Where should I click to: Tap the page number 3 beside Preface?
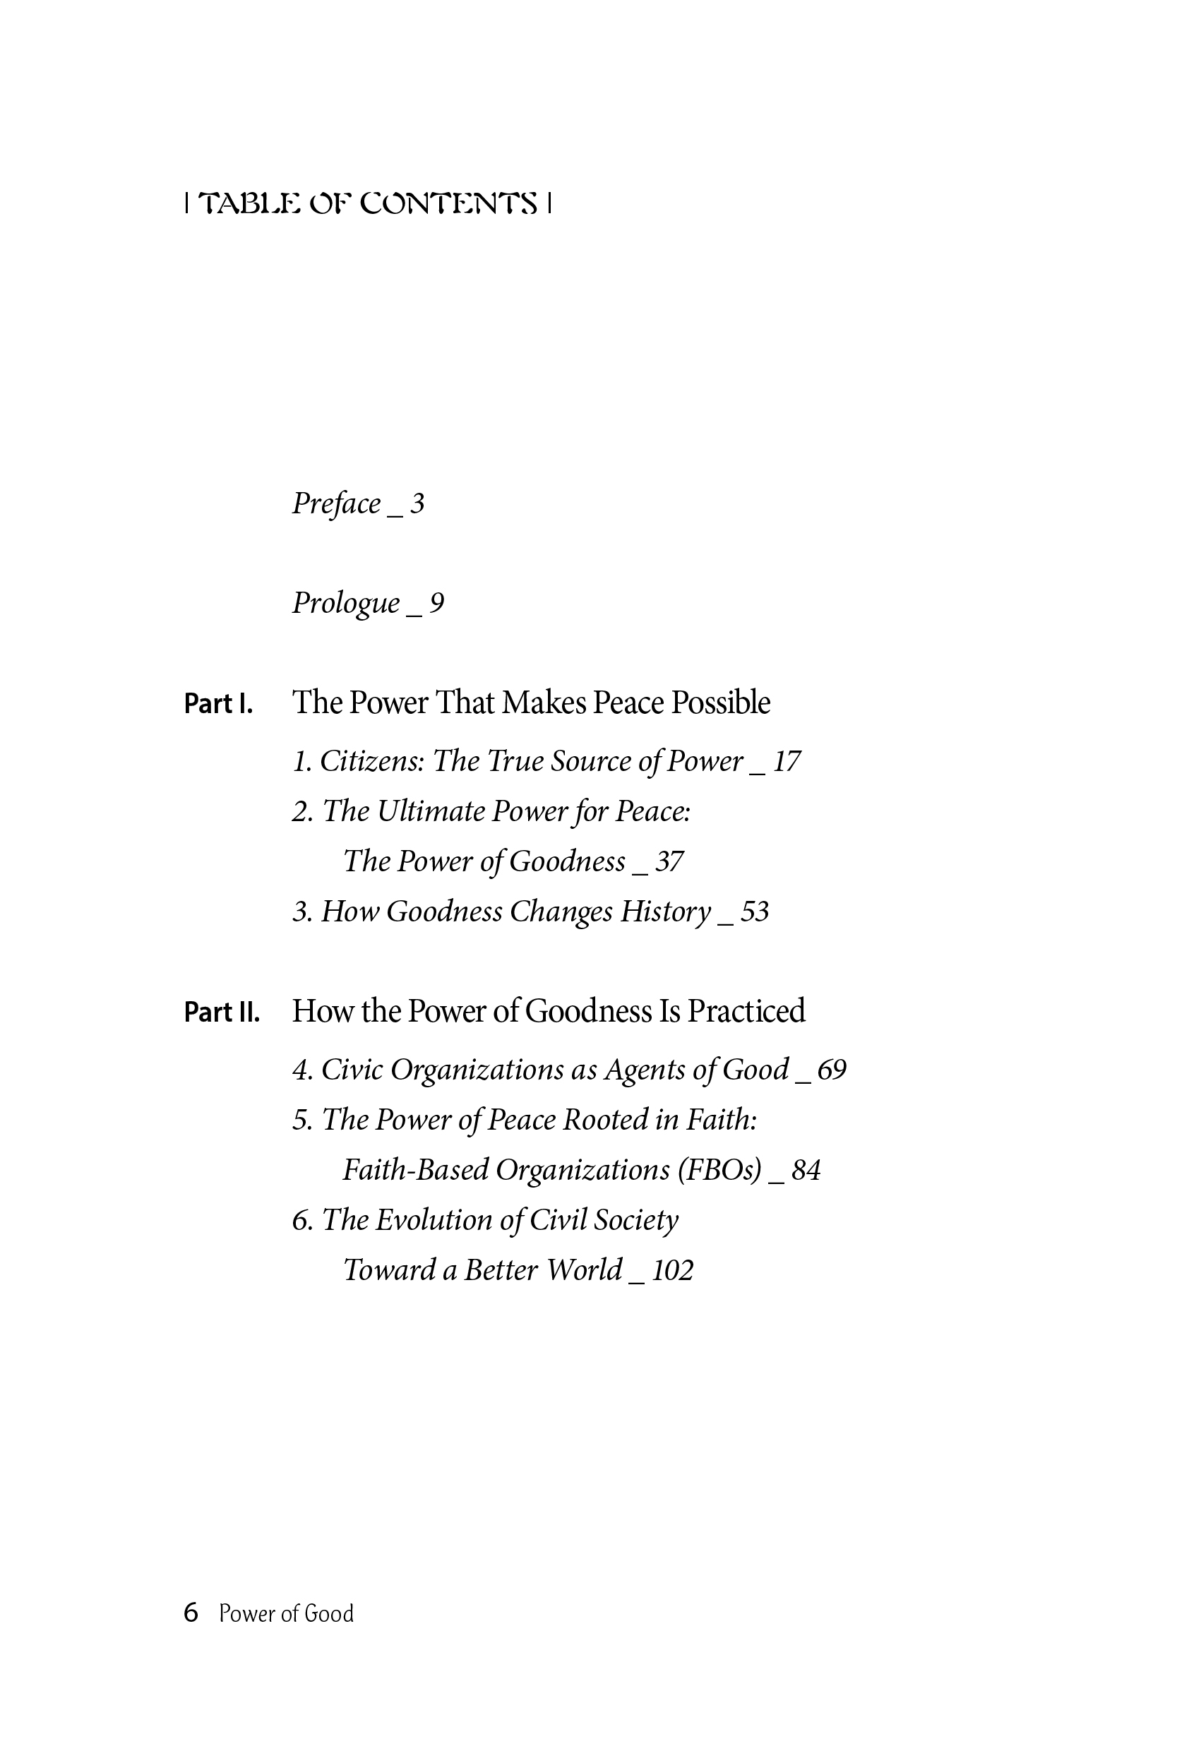417,503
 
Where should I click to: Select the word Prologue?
346,604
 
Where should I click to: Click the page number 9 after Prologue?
436,603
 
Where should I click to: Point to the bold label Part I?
218,704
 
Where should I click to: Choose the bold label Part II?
222,1012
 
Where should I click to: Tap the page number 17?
787,762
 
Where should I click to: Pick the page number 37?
669,862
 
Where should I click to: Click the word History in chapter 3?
665,912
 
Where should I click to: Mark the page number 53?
754,912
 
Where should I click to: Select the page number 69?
832,1070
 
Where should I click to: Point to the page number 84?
806,1170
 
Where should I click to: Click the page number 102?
672,1270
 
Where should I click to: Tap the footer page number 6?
191,1613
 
